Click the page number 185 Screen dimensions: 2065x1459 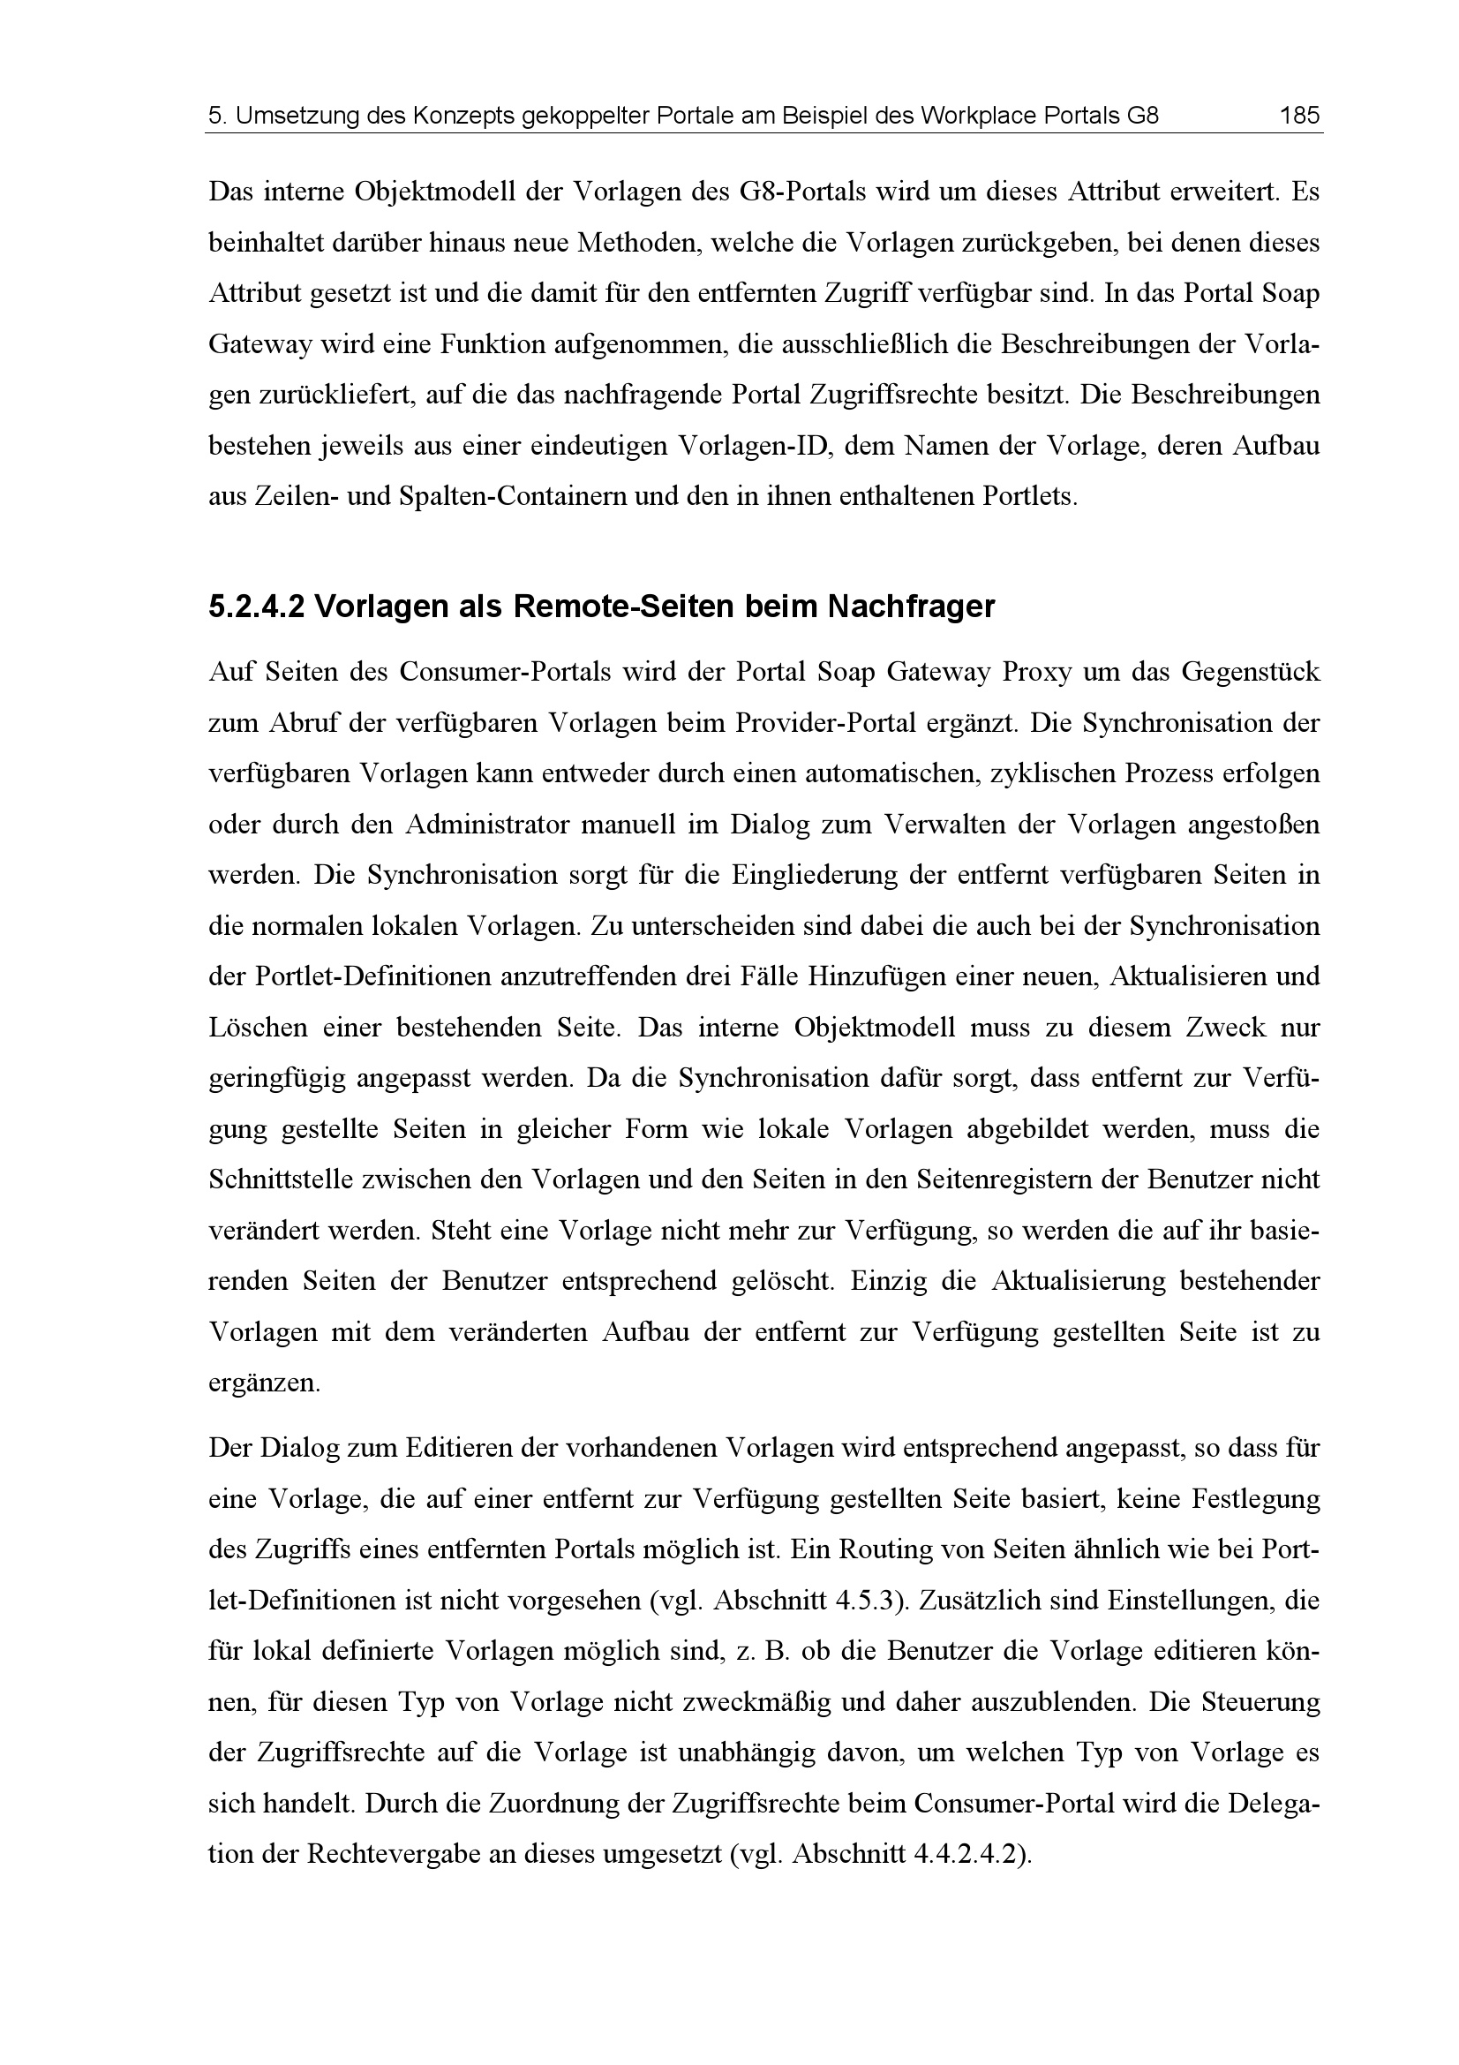pyautogui.click(x=1299, y=116)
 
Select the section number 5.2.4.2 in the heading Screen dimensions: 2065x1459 pyautogui.click(x=257, y=607)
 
